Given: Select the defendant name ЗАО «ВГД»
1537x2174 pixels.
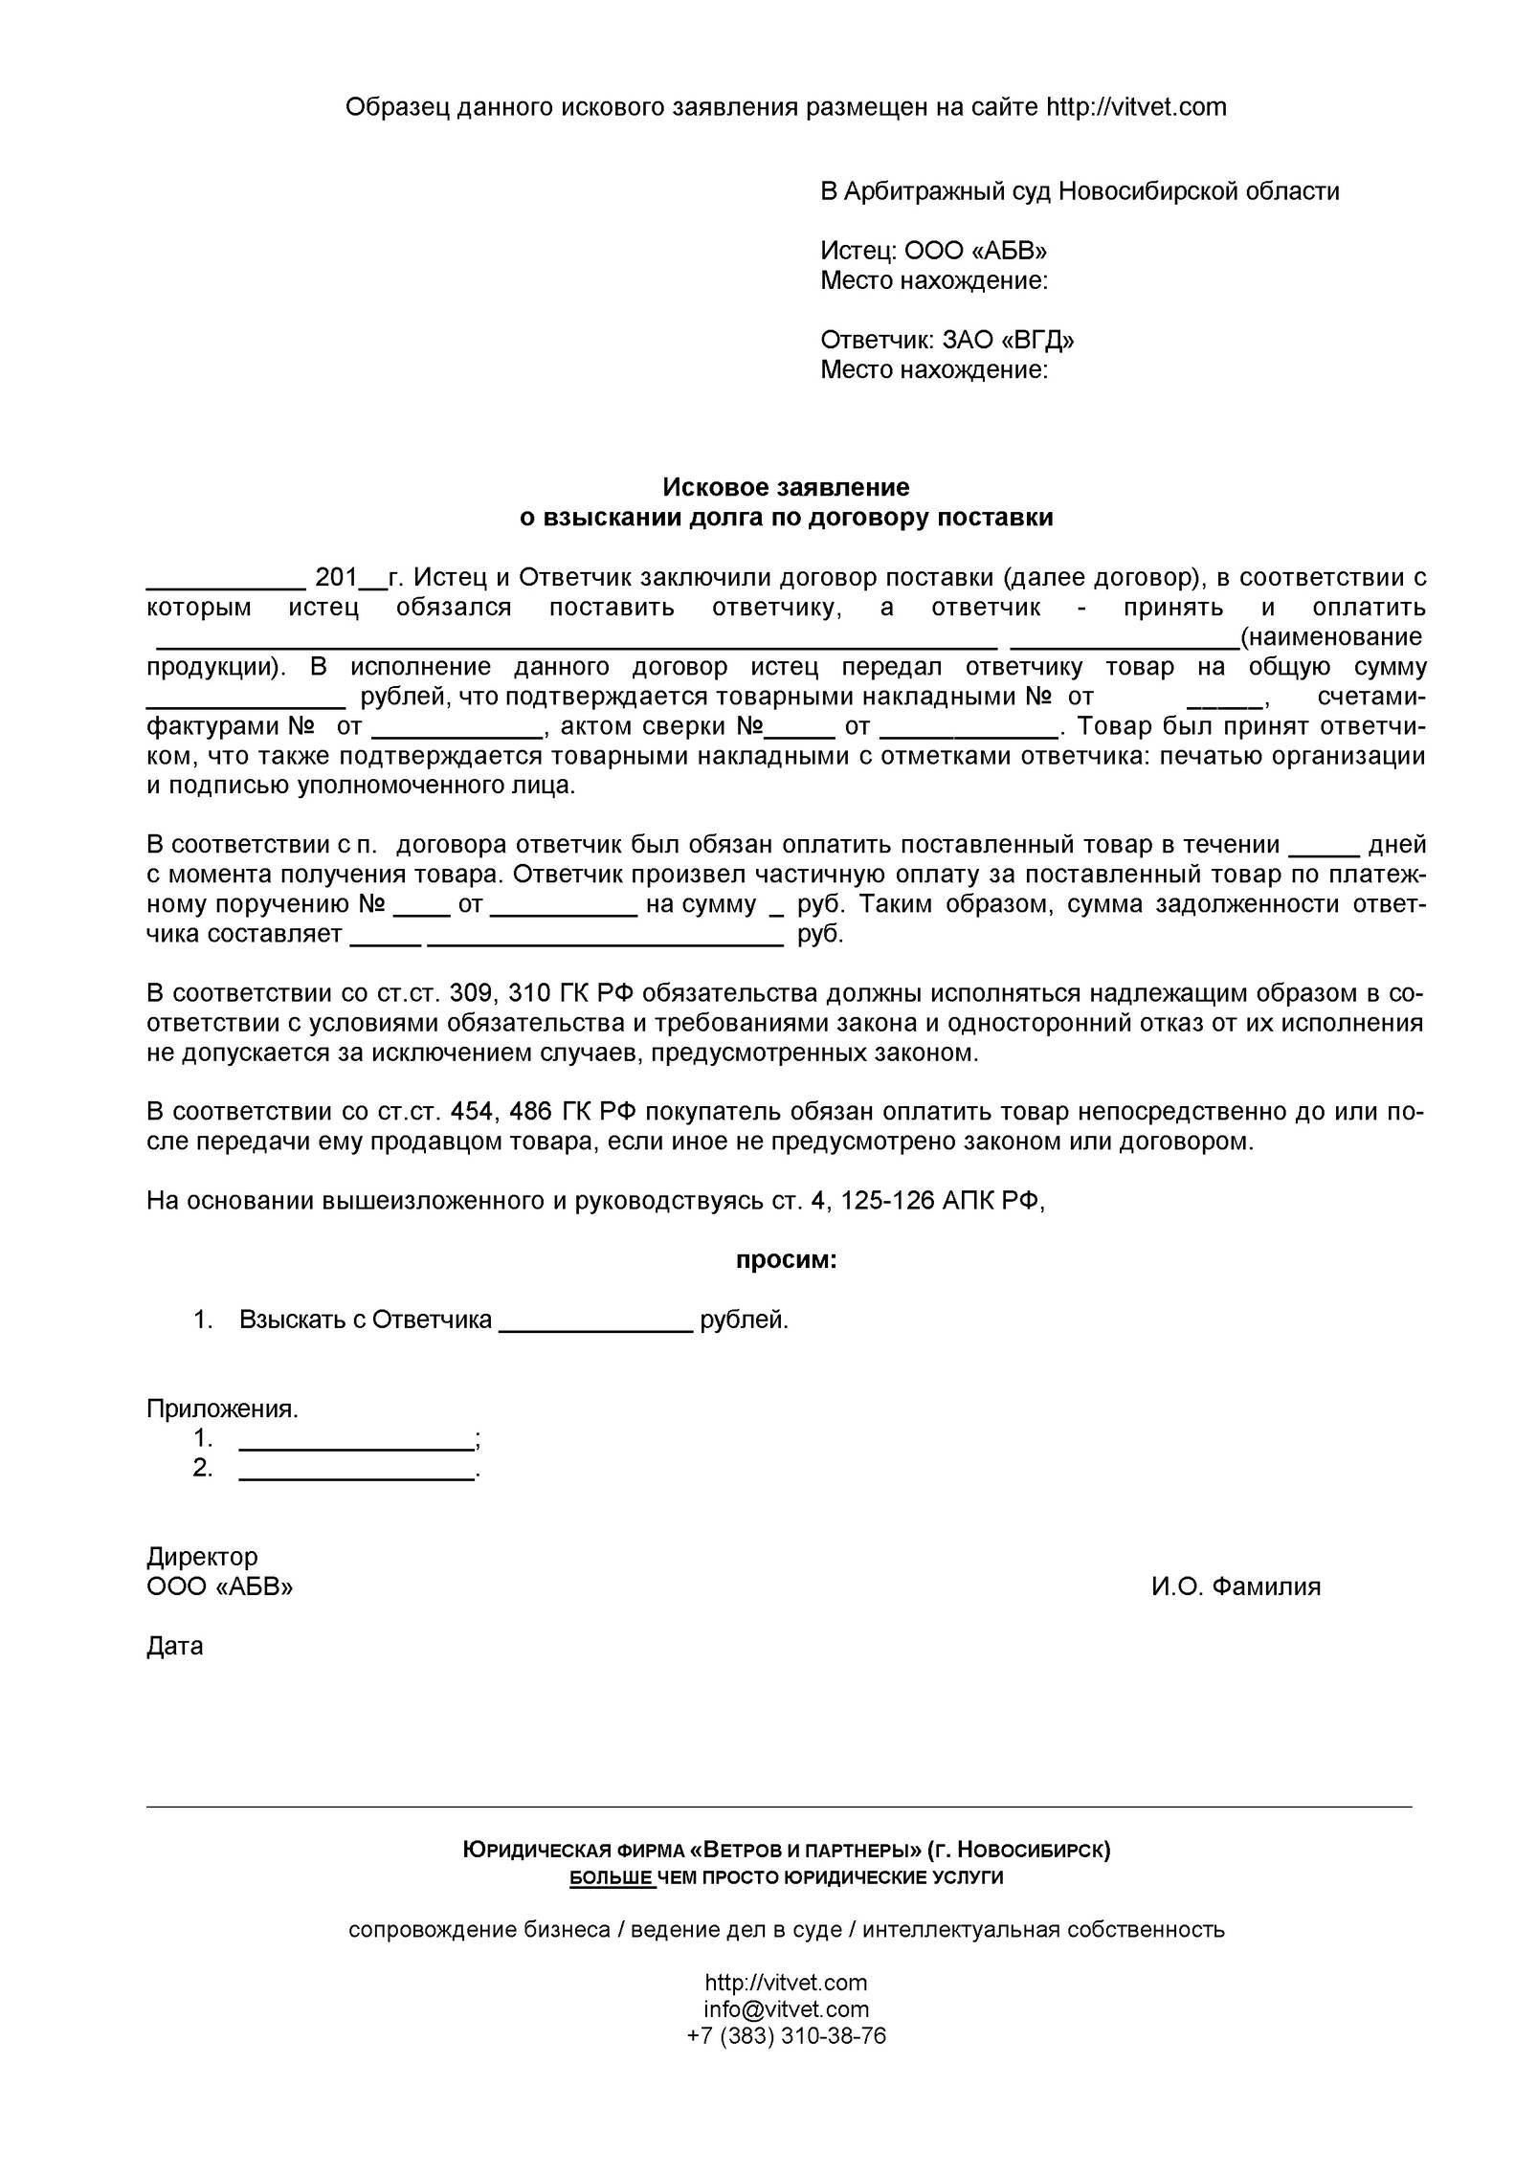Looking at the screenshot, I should tap(1008, 341).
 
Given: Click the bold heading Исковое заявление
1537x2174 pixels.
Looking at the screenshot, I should tap(786, 488).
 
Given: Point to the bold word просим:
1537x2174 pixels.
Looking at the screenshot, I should tap(786, 1261).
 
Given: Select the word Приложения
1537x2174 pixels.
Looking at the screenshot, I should tap(222, 1409).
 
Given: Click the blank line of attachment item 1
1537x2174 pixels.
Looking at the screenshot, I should tap(355, 1439).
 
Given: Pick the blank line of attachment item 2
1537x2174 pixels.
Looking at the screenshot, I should tap(355, 1469).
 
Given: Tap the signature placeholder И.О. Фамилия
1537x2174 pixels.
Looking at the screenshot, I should tap(1236, 1587).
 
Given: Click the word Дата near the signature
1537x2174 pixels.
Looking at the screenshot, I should tap(175, 1647).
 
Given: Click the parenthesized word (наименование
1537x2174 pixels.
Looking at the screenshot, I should tap(1330, 637).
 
